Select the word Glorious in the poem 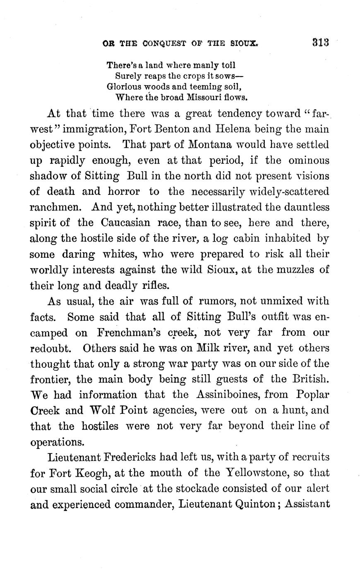(x=123, y=87)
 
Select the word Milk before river (x=201, y=348)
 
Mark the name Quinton (x=246, y=504)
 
